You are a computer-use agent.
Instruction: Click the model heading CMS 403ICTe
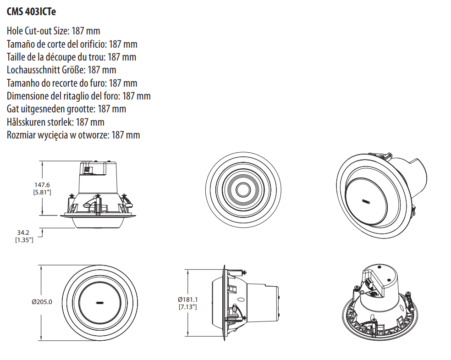[31, 11]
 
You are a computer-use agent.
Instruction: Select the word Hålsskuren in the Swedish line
[26, 122]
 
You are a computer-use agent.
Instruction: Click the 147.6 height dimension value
[42, 185]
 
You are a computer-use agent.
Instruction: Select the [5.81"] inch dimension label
[42, 192]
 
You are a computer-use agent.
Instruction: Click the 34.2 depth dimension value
[23, 233]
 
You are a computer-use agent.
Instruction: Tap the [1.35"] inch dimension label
[24, 240]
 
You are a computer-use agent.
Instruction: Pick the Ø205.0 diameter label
[42, 302]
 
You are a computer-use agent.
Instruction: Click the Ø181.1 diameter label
[187, 299]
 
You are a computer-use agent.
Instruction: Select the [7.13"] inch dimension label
[187, 307]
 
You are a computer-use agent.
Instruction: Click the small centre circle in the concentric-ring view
[243, 190]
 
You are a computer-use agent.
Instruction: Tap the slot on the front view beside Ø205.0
[100, 303]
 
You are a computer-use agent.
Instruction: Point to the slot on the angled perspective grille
[366, 201]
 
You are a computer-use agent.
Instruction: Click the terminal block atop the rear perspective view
[369, 283]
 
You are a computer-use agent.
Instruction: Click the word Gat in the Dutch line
[11, 109]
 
